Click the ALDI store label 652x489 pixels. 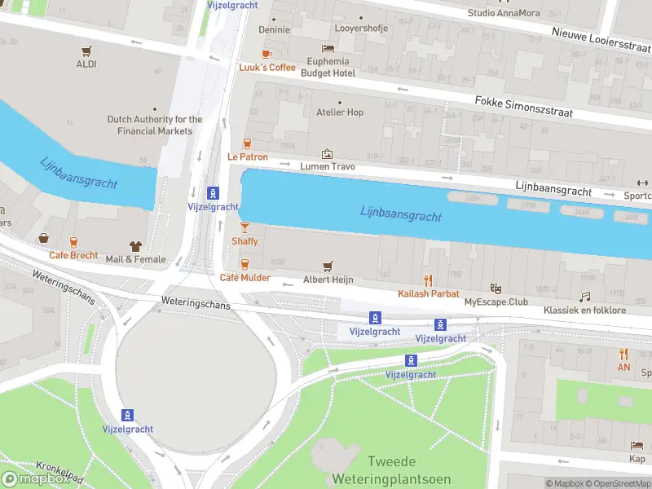86,64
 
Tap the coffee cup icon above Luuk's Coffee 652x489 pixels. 267,54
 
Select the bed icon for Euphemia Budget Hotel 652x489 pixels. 328,49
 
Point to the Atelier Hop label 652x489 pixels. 339,112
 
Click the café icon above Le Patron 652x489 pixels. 247,143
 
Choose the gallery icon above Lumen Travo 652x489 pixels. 327,153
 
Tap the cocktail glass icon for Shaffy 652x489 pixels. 244,227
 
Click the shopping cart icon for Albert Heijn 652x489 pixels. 328,266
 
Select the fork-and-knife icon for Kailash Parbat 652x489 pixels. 428,280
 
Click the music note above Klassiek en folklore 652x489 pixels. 584,297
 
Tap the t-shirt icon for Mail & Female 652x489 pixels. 135,246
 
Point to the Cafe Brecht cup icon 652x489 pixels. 73,242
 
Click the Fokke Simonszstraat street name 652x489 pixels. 523,106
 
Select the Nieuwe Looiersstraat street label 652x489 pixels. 600,39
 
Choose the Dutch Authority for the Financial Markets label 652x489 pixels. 155,125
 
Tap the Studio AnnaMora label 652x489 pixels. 503,13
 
